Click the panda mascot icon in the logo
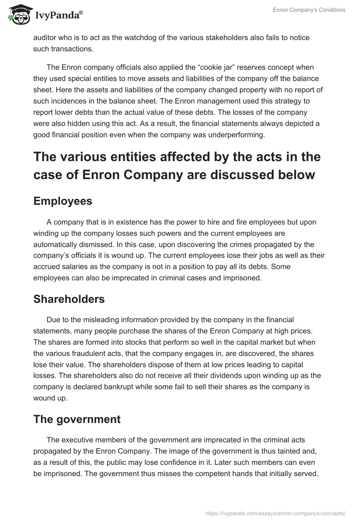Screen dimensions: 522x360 (x=18, y=14)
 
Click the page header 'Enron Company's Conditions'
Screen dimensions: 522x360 (x=309, y=10)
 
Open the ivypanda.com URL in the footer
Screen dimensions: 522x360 (x=275, y=513)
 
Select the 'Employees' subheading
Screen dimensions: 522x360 (x=63, y=201)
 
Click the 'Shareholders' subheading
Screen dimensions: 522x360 (x=69, y=299)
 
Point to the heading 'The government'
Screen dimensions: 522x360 (x=77, y=419)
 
